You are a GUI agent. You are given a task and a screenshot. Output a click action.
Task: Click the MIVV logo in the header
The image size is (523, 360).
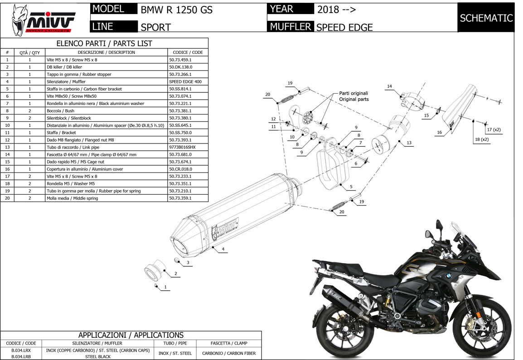pos(44,20)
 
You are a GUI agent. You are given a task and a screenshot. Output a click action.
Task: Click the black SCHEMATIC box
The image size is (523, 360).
pos(486,18)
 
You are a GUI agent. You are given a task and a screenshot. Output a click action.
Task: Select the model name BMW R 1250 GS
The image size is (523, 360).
pos(176,10)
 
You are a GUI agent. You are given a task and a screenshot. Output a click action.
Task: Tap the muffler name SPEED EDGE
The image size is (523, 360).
pos(344,27)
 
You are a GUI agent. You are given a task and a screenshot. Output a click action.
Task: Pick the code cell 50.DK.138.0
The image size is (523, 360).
pos(180,67)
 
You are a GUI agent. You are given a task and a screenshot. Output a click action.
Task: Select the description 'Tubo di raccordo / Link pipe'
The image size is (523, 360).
pos(73,147)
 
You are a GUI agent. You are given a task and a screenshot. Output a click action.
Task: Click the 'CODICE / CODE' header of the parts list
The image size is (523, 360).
pos(188,52)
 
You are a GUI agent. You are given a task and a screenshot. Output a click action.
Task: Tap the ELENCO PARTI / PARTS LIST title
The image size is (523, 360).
pos(104,43)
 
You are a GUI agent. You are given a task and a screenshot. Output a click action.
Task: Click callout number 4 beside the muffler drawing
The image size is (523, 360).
pos(223,249)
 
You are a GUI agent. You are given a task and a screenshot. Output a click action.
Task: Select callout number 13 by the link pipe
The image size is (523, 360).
pos(409,143)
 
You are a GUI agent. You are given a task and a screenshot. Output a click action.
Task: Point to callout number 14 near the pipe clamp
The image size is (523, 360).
pos(389,86)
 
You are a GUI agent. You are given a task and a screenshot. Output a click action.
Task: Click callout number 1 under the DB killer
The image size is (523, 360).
pos(165,287)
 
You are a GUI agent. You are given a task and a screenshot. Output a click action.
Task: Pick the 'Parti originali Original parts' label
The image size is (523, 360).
pos(354,96)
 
